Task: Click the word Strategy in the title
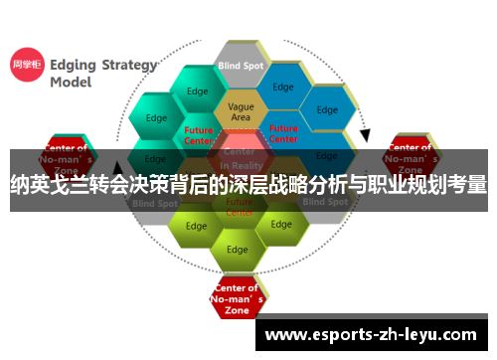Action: point(124,65)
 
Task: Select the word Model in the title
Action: point(73,84)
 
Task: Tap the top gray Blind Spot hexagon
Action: point(241,66)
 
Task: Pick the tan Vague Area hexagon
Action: point(241,112)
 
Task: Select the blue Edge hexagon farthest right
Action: point(327,109)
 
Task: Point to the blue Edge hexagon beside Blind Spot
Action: point(284,88)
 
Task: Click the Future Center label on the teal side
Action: point(199,134)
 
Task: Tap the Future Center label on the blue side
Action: point(283,133)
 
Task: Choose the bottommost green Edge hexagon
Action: point(237,249)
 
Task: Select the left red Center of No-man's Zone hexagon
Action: point(67,154)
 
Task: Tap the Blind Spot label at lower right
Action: point(325,202)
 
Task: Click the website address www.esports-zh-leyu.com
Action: point(372,334)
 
